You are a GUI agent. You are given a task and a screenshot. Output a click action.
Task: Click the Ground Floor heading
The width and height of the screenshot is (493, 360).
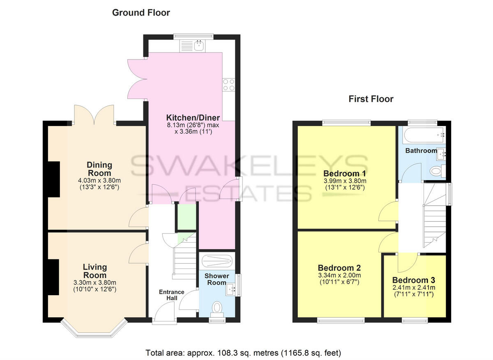tap(141, 13)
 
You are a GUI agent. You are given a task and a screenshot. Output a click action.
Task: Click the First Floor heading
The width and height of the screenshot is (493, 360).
tap(371, 99)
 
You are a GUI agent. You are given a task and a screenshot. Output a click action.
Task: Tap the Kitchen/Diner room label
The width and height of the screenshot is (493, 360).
tap(193, 117)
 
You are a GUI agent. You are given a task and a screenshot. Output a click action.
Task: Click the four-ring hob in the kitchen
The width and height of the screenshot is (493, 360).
tap(228, 85)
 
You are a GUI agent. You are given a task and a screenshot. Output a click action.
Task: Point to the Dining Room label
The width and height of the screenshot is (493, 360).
tap(99, 169)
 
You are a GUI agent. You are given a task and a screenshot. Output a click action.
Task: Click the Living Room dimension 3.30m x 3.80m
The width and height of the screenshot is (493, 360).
tap(95, 282)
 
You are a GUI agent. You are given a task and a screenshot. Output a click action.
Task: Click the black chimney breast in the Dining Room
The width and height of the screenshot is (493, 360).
tap(53, 179)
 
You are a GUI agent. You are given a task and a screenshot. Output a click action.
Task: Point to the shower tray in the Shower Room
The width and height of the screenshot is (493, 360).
tap(216, 260)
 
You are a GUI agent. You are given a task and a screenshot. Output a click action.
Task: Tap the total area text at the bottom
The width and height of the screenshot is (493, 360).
tap(243, 353)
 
